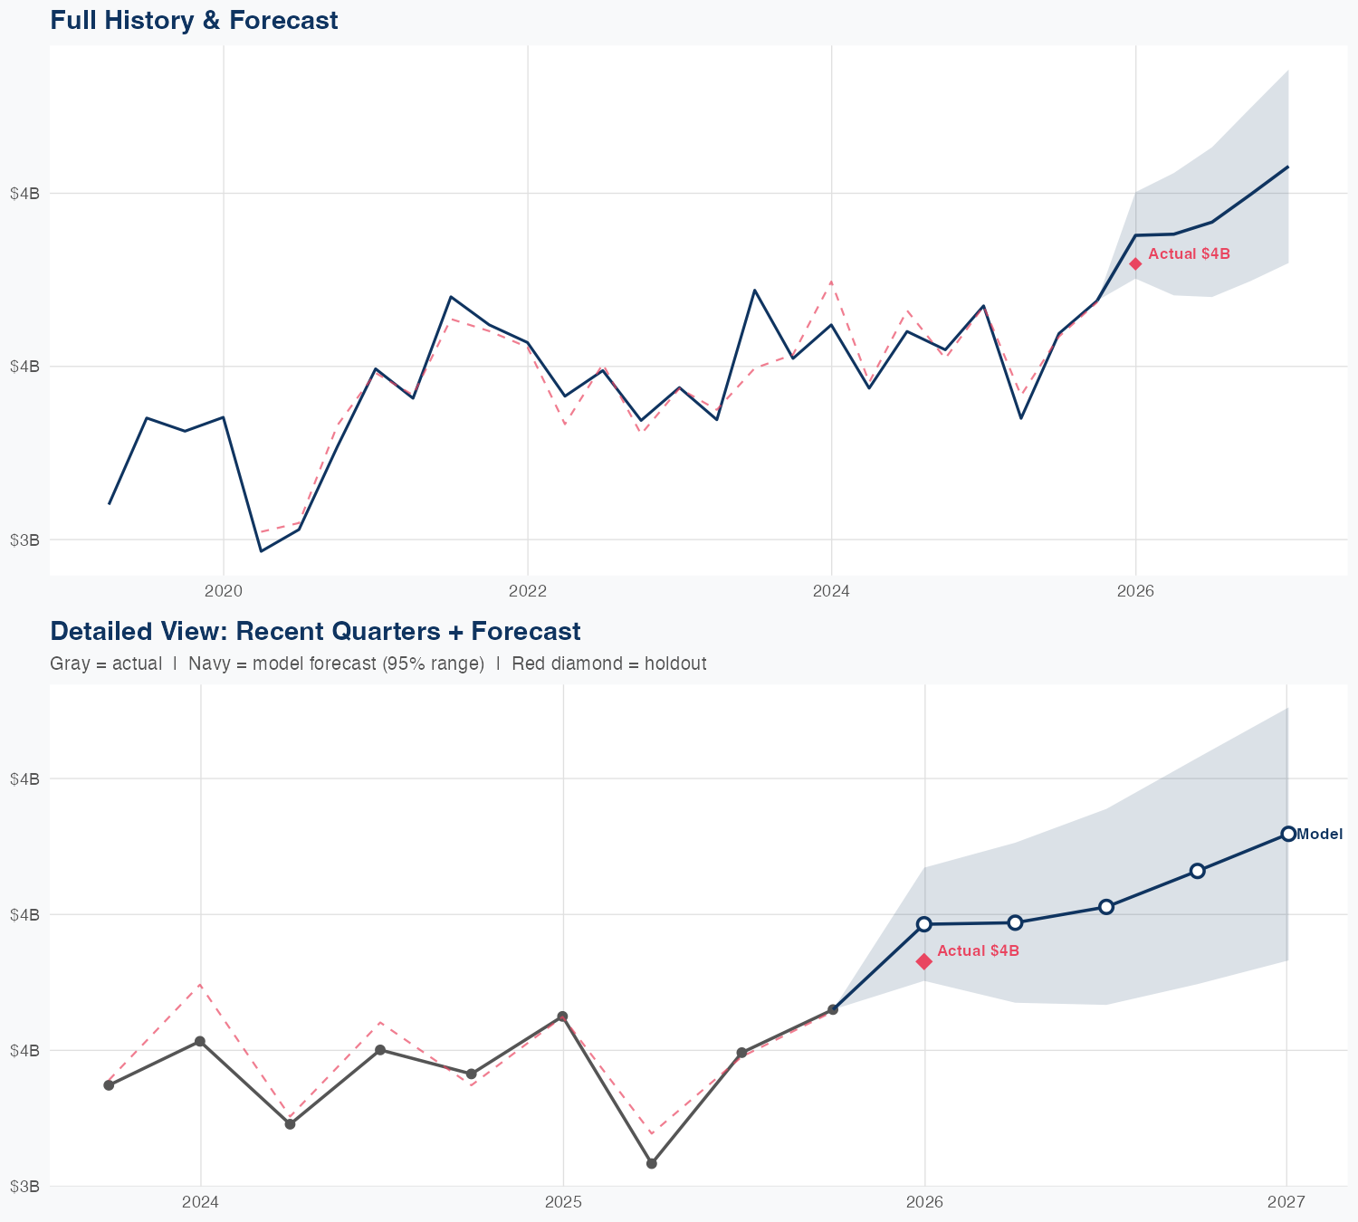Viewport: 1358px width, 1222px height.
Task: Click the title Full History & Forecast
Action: pos(194,20)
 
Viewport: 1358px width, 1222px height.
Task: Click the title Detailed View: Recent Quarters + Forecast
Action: pos(315,631)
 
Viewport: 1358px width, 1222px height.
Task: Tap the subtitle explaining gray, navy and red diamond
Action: pos(378,664)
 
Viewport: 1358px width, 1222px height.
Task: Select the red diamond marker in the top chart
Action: pos(1135,264)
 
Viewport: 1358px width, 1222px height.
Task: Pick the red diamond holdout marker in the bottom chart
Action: pos(924,961)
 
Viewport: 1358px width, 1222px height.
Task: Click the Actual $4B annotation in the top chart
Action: pos(1189,254)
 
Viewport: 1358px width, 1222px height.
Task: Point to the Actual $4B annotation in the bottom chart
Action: pos(978,951)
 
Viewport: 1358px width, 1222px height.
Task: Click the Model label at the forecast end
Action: pos(1319,835)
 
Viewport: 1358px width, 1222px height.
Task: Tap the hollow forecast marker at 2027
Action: pos(1287,834)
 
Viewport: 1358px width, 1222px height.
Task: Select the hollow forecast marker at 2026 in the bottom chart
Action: pos(924,924)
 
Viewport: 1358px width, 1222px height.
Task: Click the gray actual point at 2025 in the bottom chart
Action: pos(562,1017)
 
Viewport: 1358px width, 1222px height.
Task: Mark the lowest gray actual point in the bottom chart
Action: pos(652,1163)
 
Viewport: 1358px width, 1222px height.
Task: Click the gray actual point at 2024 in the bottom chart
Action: pos(200,1042)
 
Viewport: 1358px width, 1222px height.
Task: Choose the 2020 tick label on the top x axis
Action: pos(224,592)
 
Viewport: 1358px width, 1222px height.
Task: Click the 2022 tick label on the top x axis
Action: pos(528,592)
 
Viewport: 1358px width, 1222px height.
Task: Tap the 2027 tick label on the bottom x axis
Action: pos(1286,1202)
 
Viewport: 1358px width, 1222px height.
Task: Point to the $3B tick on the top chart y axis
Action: pos(24,540)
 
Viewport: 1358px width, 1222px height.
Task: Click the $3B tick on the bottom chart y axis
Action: pos(24,1186)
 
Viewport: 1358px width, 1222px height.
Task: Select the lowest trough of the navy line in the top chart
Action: pos(262,551)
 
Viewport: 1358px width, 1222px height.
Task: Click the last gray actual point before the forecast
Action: pos(833,1009)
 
